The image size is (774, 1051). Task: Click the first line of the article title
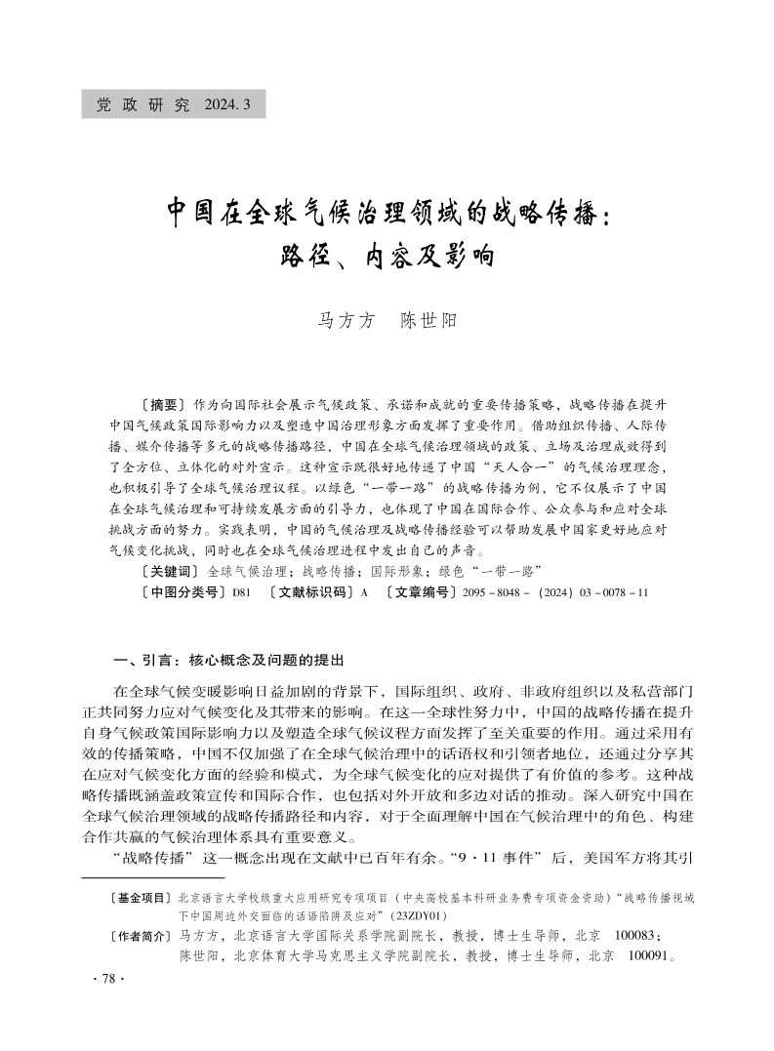click(387, 212)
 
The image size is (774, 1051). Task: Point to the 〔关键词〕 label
click(168, 570)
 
